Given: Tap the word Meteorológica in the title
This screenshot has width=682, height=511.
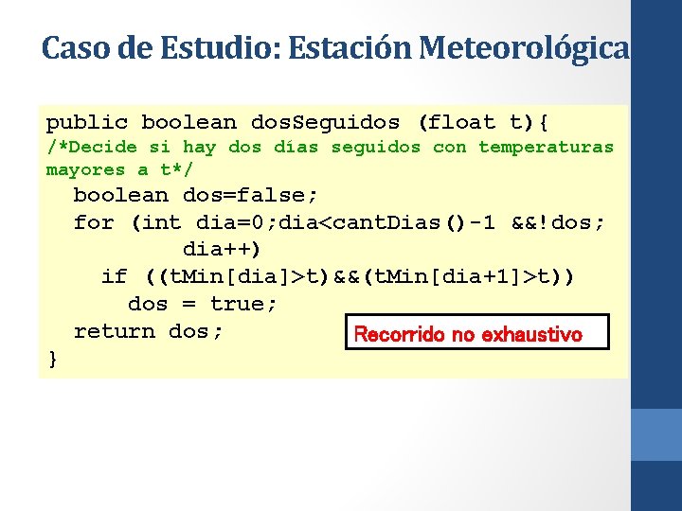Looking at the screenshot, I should (x=525, y=47).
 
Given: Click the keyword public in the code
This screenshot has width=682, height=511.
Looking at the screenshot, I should (x=87, y=122).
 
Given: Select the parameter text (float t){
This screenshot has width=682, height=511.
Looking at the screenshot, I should (x=489, y=122).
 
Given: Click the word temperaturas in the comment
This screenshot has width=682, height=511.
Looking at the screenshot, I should (x=546, y=147).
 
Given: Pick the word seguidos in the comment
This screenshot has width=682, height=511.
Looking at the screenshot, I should (x=375, y=147).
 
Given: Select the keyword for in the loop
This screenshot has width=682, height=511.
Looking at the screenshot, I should (x=94, y=223).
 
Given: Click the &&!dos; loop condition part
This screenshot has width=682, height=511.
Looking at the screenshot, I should (x=558, y=223).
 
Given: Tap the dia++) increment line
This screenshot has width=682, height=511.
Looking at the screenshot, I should (x=222, y=250).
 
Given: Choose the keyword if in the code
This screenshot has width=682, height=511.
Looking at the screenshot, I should (x=114, y=276).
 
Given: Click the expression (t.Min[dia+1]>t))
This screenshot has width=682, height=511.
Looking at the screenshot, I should (x=471, y=276).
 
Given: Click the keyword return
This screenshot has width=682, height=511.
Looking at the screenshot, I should (x=114, y=331).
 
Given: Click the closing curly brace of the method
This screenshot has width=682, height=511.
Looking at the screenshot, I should (x=52, y=359).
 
